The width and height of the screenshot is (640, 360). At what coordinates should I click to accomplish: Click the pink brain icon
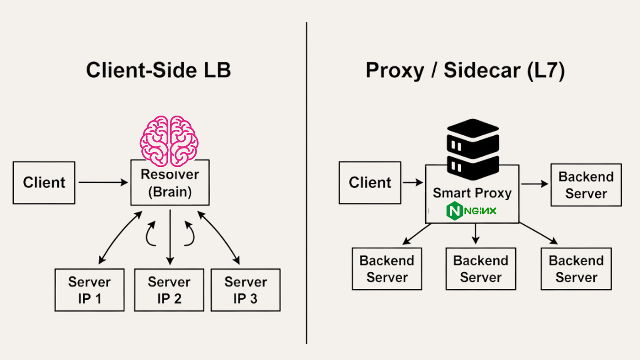(x=169, y=141)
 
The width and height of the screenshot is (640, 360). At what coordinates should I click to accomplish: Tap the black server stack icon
(x=473, y=149)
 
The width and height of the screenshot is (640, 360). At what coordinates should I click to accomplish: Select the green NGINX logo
(x=471, y=211)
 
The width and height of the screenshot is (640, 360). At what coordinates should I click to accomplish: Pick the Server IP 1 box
(x=90, y=290)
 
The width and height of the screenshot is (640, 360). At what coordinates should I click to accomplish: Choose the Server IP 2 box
(x=169, y=290)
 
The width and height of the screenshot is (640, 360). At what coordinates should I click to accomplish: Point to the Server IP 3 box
(x=246, y=290)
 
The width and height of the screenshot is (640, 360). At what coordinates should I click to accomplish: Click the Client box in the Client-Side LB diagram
(x=44, y=183)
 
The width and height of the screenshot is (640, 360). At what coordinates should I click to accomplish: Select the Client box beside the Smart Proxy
(x=370, y=183)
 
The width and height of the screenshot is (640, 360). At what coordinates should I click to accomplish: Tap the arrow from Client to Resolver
(x=103, y=182)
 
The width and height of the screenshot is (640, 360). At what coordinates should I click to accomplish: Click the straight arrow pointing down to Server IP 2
(x=170, y=237)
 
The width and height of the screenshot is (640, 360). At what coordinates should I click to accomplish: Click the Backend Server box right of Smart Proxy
(x=586, y=185)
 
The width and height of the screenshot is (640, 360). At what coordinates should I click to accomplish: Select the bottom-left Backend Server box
(x=387, y=269)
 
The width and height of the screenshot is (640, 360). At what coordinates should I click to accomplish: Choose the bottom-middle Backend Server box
(x=481, y=269)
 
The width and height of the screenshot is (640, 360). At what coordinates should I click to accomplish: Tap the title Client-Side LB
(x=159, y=70)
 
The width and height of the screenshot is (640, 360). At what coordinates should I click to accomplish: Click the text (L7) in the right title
(x=546, y=70)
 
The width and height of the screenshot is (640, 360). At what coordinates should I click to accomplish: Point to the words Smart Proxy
(x=472, y=193)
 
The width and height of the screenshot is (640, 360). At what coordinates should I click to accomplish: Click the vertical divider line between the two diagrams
(x=307, y=183)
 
